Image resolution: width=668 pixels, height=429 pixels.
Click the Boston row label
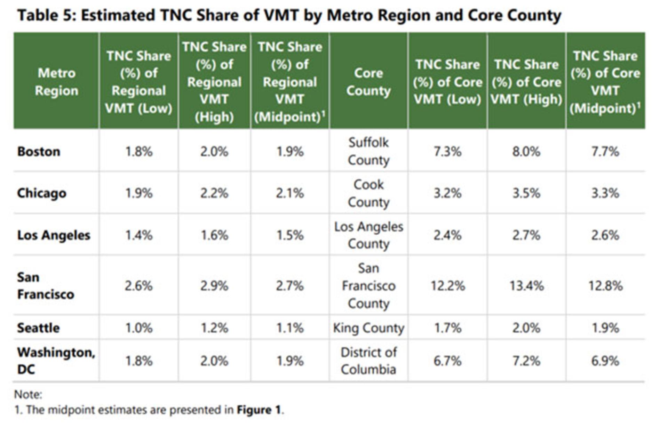[x=39, y=152]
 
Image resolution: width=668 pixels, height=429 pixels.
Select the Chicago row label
[x=42, y=193]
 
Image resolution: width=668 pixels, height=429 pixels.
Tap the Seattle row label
[x=38, y=328]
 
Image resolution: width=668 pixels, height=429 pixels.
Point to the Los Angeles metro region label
[x=54, y=235]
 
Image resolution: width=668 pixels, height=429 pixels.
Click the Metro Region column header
[x=56, y=82]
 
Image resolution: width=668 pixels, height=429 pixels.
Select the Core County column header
[x=368, y=82]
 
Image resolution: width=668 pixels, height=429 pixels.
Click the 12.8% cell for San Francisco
[x=605, y=286]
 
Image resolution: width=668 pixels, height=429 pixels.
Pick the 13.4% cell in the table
[x=526, y=286]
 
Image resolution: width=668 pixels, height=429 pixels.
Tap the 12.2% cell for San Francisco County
[x=448, y=286]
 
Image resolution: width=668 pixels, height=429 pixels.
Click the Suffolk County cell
[x=368, y=151]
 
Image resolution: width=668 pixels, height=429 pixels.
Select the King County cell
[x=368, y=328]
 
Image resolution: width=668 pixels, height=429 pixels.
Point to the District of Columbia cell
[x=368, y=361]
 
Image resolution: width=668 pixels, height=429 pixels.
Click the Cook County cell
[x=368, y=193]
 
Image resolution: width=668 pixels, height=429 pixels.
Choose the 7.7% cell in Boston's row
[x=605, y=152]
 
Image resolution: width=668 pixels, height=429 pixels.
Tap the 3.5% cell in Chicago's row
[x=526, y=193]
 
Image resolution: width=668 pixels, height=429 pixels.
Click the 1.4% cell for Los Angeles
[x=139, y=235]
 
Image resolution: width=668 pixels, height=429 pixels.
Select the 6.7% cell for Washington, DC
[x=448, y=361]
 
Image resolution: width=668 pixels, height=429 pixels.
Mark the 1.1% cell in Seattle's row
[x=290, y=328]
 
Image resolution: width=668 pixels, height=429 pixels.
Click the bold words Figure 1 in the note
[x=259, y=410]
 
